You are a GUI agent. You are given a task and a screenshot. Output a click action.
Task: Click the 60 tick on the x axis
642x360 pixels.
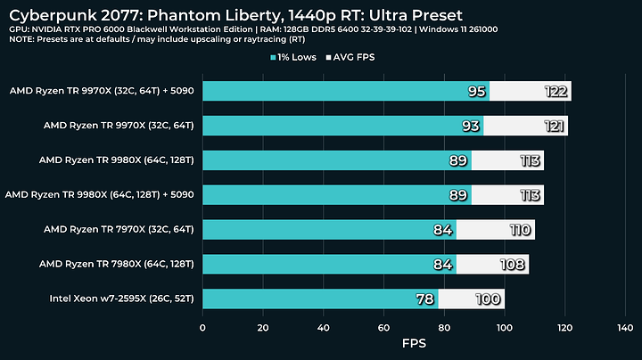pyautogui.click(x=383, y=327)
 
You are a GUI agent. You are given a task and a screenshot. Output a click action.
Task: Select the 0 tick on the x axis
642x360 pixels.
pyautogui.click(x=203, y=327)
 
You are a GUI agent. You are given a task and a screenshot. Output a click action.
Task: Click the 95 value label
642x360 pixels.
pyautogui.click(x=477, y=91)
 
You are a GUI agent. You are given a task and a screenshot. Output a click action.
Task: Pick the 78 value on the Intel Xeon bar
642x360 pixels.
pyautogui.click(x=425, y=299)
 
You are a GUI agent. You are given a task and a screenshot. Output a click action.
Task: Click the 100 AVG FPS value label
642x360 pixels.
pyautogui.click(x=488, y=299)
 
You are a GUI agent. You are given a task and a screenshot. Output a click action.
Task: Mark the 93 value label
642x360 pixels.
pyautogui.click(x=471, y=126)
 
